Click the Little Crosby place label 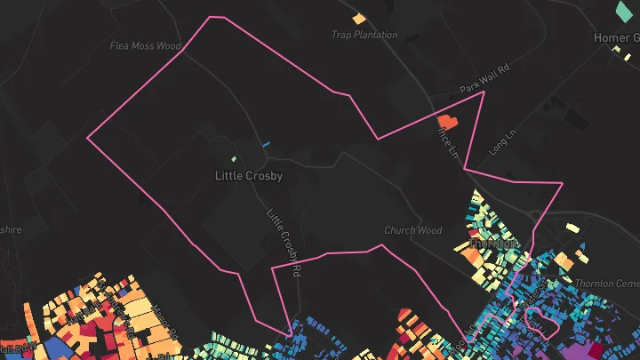click(x=249, y=176)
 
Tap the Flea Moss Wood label click(x=145, y=46)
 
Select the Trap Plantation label click(x=364, y=36)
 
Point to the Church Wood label click(x=412, y=230)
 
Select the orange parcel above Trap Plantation click(x=359, y=18)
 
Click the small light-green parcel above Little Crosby click(x=235, y=160)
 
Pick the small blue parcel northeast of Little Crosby click(x=265, y=144)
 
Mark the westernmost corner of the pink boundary click(x=87, y=138)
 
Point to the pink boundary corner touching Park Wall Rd click(x=483, y=92)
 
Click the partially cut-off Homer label click(x=617, y=38)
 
